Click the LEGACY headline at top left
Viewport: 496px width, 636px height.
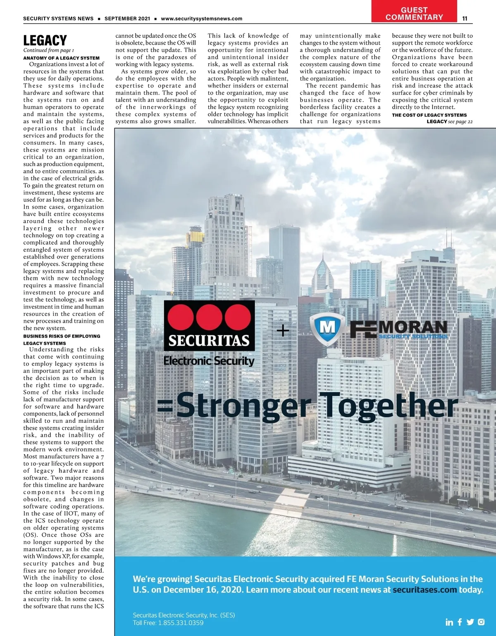point(45,40)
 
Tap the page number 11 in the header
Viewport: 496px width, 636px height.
point(465,19)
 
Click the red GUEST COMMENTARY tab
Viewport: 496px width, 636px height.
point(414,14)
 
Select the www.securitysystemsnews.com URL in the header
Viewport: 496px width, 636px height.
point(201,19)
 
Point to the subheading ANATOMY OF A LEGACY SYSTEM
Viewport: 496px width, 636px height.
point(61,58)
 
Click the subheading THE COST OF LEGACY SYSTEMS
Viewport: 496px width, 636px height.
point(429,115)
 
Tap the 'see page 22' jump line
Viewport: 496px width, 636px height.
point(460,121)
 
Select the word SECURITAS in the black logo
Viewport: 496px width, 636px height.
point(209,341)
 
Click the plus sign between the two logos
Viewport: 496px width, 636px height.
point(283,330)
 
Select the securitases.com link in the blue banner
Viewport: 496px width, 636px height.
point(425,590)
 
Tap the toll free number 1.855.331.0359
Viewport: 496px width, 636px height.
point(181,623)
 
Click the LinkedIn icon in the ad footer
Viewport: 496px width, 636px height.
point(449,622)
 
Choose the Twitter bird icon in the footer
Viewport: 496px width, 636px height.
point(470,622)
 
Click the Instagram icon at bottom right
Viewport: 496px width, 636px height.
point(481,622)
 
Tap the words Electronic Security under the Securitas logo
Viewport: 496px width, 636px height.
point(209,361)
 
